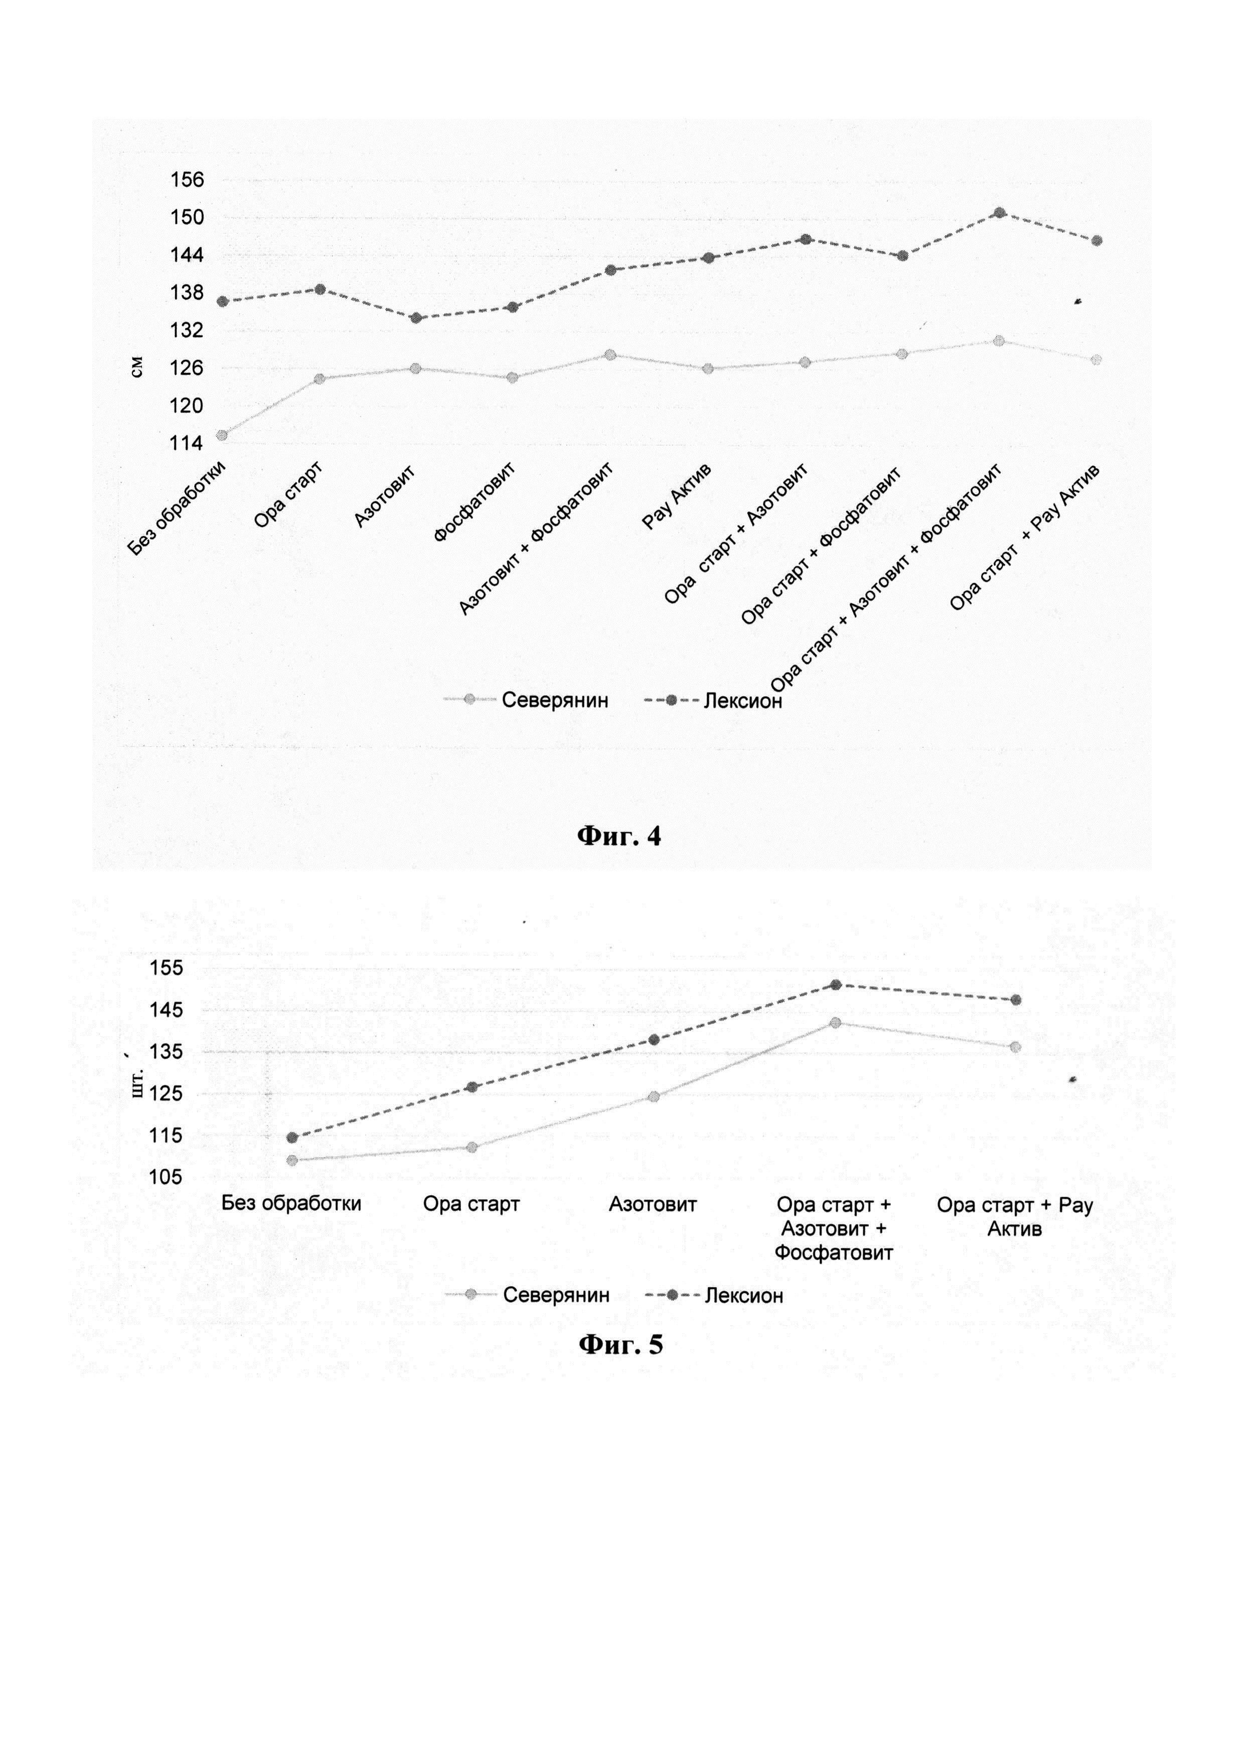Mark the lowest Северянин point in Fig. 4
[x=222, y=435]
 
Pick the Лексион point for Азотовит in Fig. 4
[x=416, y=318]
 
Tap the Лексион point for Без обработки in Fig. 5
[x=292, y=1138]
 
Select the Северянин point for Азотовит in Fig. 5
[x=654, y=1097]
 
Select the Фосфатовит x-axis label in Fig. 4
[x=474, y=503]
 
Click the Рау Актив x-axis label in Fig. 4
[x=677, y=497]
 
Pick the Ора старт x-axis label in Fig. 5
[x=472, y=1204]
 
